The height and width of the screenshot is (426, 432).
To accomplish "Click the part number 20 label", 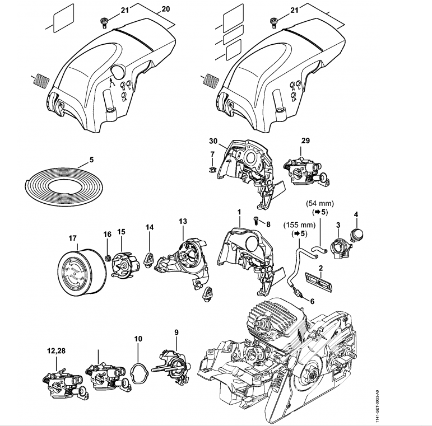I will click(165, 9).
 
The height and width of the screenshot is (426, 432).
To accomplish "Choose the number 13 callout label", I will click(182, 222).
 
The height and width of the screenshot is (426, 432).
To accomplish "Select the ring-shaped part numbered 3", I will click(338, 246).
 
